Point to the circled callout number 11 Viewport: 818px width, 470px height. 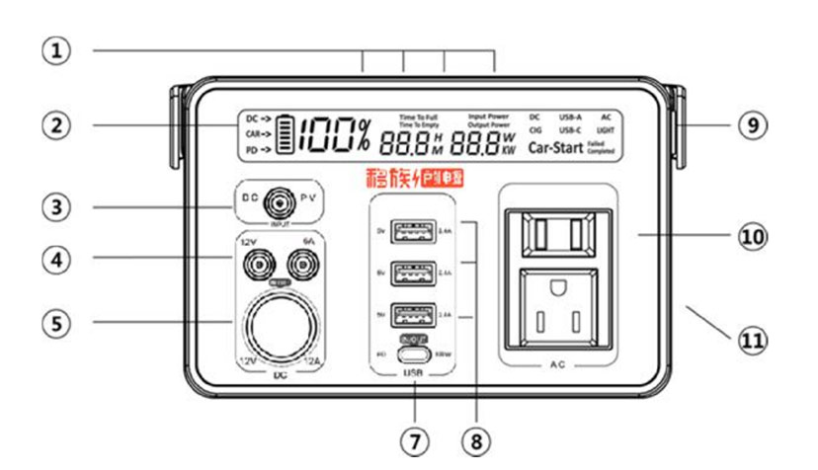coord(753,341)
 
